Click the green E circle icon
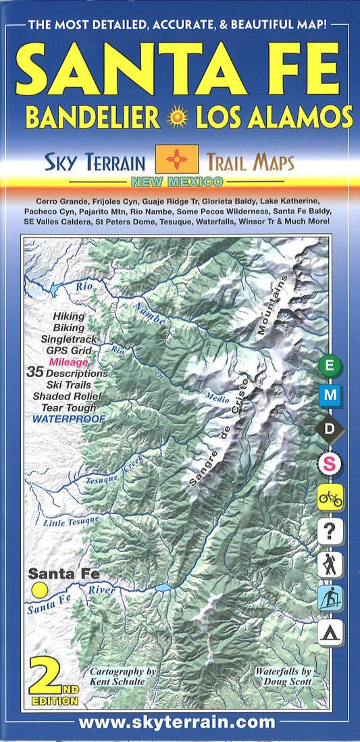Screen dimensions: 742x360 pyautogui.click(x=330, y=366)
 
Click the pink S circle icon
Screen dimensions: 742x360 pyautogui.click(x=331, y=464)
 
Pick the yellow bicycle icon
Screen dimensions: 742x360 pyautogui.click(x=331, y=498)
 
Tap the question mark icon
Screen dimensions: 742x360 pyautogui.click(x=331, y=532)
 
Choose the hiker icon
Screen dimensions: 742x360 pyautogui.click(x=331, y=565)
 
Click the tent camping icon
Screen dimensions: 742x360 pyautogui.click(x=331, y=633)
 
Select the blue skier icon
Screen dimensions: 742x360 pyautogui.click(x=331, y=599)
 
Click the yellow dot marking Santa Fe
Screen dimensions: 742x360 pyautogui.click(x=40, y=590)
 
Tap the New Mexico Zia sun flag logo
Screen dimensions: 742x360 pyautogui.click(x=176, y=159)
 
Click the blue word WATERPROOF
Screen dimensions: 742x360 pyautogui.click(x=69, y=419)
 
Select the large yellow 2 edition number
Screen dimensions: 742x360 pyautogui.click(x=47, y=677)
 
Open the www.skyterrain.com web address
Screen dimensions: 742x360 pyautogui.click(x=177, y=723)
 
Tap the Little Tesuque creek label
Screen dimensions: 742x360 pyautogui.click(x=72, y=520)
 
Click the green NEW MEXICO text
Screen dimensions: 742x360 pyautogui.click(x=177, y=182)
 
